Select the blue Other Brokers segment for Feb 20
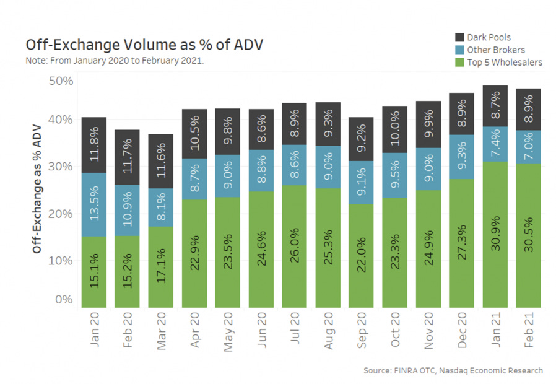(127, 211)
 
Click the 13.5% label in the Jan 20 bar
(93, 204)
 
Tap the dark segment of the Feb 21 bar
(528, 109)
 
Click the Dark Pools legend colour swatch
(460, 38)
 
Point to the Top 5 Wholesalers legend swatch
(460, 62)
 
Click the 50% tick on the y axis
(61, 81)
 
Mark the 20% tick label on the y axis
(61, 214)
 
